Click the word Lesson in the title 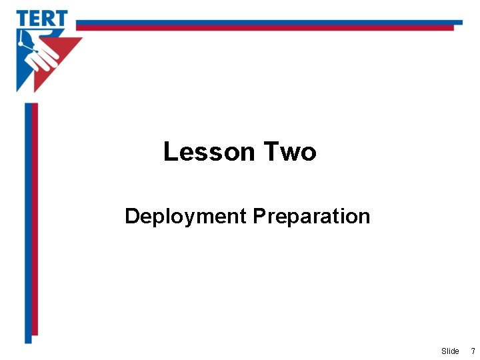point(209,152)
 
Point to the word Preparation point(311,217)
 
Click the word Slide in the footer point(450,351)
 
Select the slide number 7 point(473,351)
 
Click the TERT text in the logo point(42,18)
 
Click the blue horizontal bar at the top point(267,22)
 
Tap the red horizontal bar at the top point(267,28)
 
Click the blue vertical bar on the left point(28,220)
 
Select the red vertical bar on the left point(35,220)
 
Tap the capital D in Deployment point(131,217)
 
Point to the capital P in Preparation point(259,217)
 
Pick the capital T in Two point(270,152)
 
